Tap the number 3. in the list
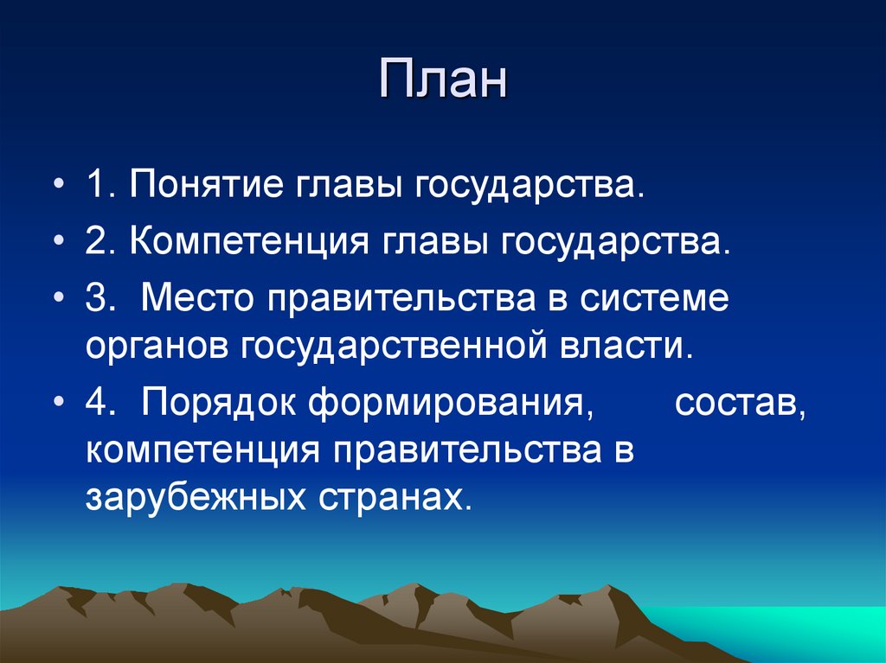click(x=100, y=299)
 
